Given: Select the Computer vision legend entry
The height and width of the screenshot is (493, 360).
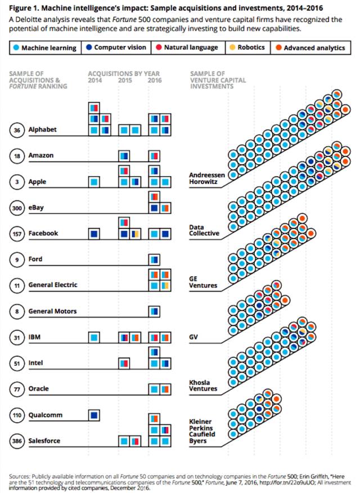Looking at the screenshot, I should [x=115, y=48].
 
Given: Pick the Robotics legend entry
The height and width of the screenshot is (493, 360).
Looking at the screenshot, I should [x=247, y=48].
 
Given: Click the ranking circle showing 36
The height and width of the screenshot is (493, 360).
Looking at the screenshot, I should [x=17, y=130].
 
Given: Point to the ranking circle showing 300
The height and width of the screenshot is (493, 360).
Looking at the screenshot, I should [x=17, y=208].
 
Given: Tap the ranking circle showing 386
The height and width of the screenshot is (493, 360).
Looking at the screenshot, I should [x=17, y=441].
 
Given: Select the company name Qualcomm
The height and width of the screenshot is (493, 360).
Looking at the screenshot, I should [x=45, y=415].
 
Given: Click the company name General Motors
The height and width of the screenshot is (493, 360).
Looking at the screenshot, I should [x=52, y=311].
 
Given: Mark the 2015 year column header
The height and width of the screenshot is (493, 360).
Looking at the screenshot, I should [x=125, y=80].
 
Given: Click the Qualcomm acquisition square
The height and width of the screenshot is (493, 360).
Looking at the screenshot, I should [x=94, y=415].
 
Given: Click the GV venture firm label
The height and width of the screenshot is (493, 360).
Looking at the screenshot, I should [x=195, y=338].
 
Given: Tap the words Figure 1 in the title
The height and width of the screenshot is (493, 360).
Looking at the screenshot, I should [x=25, y=7].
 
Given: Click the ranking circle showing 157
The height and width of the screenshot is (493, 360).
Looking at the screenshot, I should [x=17, y=234].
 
